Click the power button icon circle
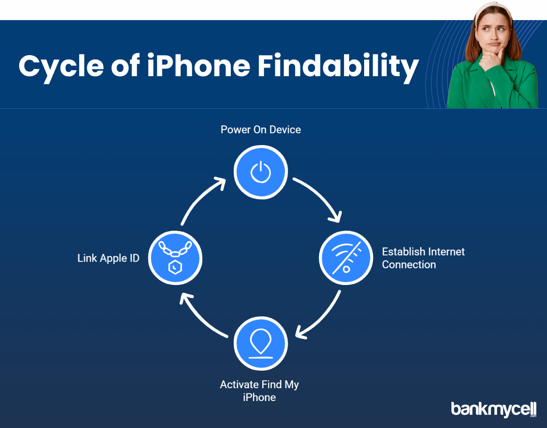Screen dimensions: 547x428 (261, 172)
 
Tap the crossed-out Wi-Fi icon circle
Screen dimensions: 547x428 (346, 258)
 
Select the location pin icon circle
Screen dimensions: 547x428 (261, 344)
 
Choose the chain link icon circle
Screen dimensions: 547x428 (175, 258)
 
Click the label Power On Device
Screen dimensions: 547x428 (261, 130)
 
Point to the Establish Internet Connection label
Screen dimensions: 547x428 (423, 258)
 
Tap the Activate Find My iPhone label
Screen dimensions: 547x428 (259, 391)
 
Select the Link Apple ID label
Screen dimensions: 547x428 (108, 258)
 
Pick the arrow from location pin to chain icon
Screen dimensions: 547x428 (199, 320)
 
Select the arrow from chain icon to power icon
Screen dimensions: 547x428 (199, 196)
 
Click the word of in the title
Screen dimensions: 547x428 (126, 65)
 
